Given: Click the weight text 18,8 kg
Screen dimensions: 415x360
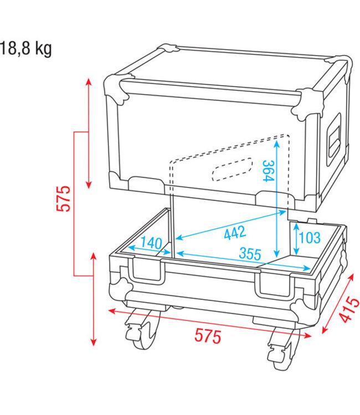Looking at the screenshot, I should click(26, 49).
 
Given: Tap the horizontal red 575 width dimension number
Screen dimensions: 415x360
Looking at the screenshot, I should click(208, 335).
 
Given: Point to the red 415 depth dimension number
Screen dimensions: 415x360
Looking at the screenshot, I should click(347, 310).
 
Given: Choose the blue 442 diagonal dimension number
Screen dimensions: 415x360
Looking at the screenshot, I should click(235, 234).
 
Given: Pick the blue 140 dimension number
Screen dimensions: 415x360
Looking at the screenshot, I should click(151, 242).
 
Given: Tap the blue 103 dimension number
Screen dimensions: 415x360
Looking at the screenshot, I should click(309, 238).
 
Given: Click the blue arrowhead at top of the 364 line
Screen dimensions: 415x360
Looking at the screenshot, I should click(276, 142).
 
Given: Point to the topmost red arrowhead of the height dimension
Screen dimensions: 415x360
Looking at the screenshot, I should click(89, 82).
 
